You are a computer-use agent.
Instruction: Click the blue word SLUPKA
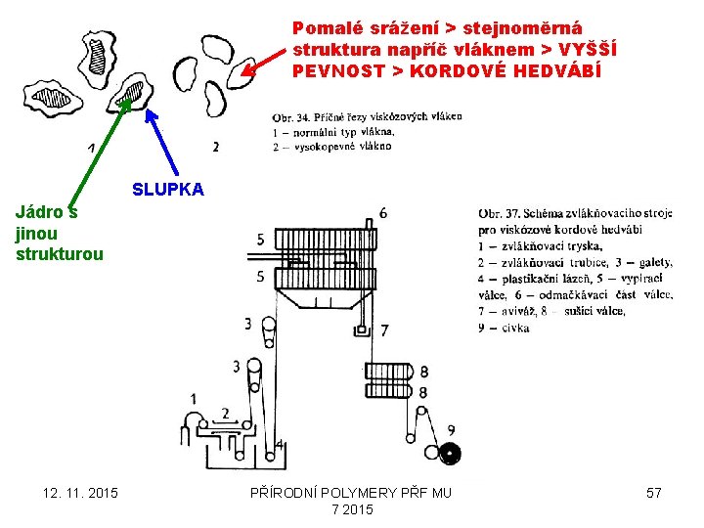point(168,190)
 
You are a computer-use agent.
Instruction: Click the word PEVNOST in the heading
point(329,71)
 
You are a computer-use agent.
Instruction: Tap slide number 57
point(654,493)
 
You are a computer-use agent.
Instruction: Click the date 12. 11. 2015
point(80,493)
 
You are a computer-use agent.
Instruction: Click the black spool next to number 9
point(450,453)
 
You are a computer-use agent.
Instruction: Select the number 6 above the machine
point(382,213)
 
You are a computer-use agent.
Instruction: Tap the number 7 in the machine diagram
point(384,330)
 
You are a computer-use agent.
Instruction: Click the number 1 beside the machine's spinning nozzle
point(193,398)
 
